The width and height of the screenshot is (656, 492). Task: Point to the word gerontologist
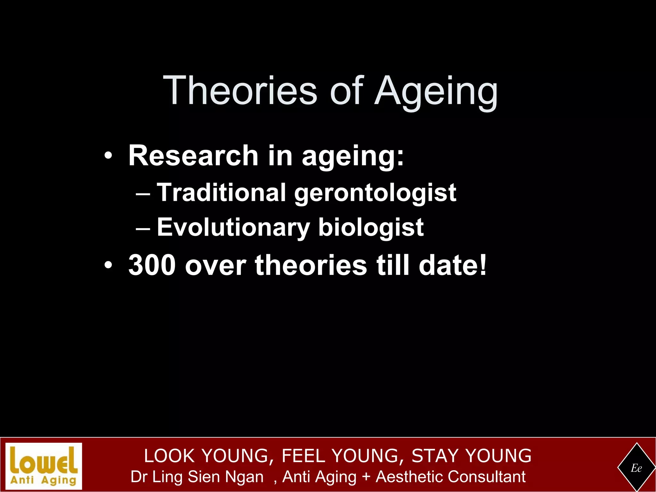click(x=375, y=193)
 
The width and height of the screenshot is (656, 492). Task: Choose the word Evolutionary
click(x=233, y=227)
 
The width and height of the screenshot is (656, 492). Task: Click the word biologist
click(x=371, y=227)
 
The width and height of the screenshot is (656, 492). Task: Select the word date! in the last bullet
click(x=453, y=265)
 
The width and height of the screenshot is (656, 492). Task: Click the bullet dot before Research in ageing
click(x=108, y=156)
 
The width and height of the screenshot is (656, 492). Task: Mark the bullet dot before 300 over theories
click(x=108, y=266)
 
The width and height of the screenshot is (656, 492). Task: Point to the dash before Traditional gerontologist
click(x=143, y=194)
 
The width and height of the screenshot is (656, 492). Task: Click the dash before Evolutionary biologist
click(x=143, y=228)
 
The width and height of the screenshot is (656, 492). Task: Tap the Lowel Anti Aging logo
click(x=44, y=466)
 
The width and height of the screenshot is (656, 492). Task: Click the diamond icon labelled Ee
click(x=636, y=468)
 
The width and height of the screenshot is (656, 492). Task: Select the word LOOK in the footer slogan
click(x=169, y=456)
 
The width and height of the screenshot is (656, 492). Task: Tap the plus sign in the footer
click(x=366, y=477)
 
